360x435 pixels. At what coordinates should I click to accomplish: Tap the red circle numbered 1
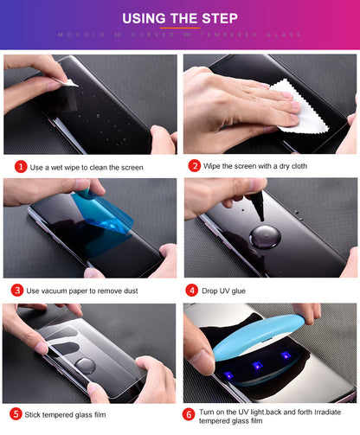pos(20,166)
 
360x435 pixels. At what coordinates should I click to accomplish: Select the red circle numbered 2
pos(195,165)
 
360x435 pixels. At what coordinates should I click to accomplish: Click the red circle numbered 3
pos(18,290)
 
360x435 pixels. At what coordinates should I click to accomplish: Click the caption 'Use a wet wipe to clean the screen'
pos(87,167)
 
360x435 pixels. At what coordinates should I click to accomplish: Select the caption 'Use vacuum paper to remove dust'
pos(83,291)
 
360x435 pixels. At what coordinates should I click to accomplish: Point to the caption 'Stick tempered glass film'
pos(71,414)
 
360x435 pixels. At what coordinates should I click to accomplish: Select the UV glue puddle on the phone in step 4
pos(266,236)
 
